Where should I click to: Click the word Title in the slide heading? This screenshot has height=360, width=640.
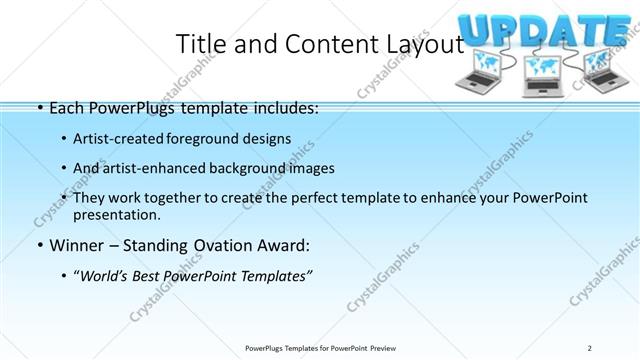[x=198, y=43]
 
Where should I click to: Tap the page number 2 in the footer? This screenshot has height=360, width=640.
[x=589, y=347]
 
